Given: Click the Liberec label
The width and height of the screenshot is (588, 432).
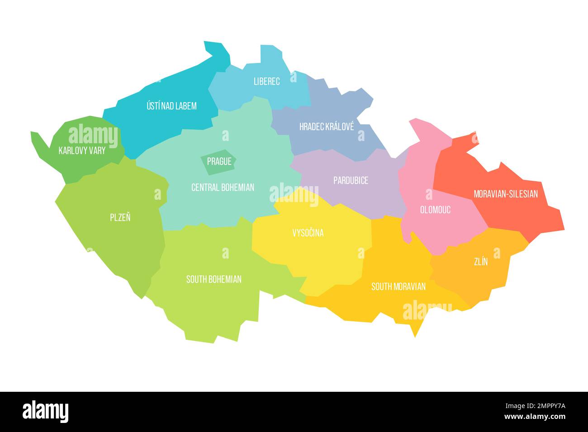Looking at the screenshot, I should (266, 82).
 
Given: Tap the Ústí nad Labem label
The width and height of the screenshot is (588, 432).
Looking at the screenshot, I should (171, 106).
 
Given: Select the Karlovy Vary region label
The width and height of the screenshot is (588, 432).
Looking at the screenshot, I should (82, 150).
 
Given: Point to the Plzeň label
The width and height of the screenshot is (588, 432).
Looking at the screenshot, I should (120, 217).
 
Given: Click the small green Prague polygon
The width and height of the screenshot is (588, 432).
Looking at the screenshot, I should (218, 161).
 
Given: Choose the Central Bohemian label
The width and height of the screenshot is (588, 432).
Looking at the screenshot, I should (223, 187).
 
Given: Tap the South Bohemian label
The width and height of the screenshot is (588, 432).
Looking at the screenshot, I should (214, 279).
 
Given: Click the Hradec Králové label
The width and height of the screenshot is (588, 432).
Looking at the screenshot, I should (327, 127).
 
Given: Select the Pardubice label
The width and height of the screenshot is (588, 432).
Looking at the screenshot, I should (351, 180).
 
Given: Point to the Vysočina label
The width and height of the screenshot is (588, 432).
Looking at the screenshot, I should (308, 233).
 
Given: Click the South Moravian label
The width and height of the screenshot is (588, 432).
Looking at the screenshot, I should (398, 286).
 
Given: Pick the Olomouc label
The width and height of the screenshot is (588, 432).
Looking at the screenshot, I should (435, 210).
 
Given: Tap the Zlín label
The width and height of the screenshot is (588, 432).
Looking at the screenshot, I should (481, 262).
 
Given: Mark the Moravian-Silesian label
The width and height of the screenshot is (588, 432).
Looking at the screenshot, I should (506, 194).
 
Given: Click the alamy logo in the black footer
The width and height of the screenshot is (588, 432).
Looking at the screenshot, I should (46, 412).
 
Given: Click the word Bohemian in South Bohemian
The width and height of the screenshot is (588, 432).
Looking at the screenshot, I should (224, 279).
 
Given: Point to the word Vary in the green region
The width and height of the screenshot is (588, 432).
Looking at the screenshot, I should (97, 150).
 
